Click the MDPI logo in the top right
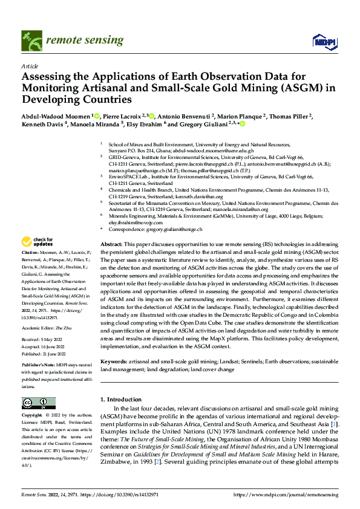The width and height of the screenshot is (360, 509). [324, 41]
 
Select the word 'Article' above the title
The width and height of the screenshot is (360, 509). [30, 65]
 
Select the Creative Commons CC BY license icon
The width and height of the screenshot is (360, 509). [38, 403]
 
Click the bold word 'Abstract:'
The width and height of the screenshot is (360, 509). [111, 243]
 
